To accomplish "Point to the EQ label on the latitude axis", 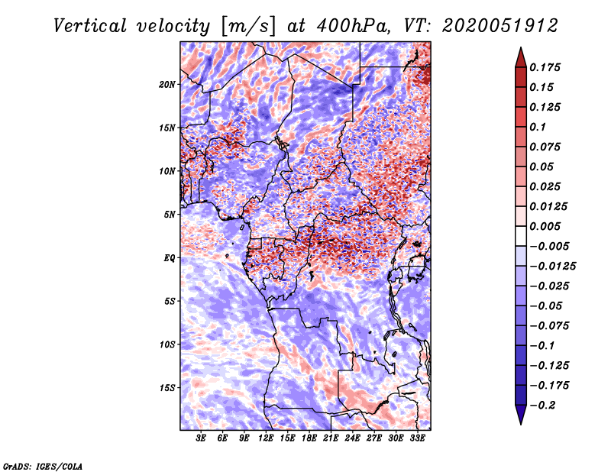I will [170, 258].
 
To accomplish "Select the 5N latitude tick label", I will [170, 215].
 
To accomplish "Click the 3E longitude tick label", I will [202, 438].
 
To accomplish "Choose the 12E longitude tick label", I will [267, 438].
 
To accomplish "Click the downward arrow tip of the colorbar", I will [520, 422].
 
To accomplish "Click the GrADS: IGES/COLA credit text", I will [42, 465].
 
